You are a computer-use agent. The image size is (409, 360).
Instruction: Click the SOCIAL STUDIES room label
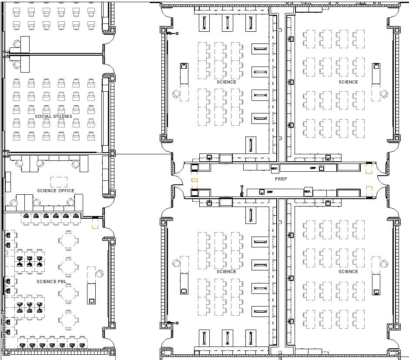54,116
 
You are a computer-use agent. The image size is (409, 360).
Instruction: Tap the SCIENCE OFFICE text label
56,190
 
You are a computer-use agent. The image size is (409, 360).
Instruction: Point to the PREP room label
281,179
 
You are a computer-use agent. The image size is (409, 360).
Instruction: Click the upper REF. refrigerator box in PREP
275,167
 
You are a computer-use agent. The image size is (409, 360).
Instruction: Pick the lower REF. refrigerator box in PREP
308,192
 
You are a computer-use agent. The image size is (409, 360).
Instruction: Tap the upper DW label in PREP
312,168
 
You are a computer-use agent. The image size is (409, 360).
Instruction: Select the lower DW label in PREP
270,192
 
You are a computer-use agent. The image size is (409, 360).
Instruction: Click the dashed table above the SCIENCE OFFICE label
59,181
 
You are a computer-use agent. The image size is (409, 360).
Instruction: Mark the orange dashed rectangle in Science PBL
95,223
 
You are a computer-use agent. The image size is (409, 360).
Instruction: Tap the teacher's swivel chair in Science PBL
99,273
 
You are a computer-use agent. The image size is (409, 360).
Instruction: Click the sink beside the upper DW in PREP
322,168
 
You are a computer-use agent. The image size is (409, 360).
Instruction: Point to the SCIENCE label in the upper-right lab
348,82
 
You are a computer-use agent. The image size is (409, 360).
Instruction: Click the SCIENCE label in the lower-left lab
226,271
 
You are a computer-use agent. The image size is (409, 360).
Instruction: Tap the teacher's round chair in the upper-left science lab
176,93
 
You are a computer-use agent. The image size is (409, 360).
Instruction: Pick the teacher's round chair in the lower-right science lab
384,263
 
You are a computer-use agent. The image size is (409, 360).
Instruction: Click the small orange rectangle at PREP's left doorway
194,180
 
